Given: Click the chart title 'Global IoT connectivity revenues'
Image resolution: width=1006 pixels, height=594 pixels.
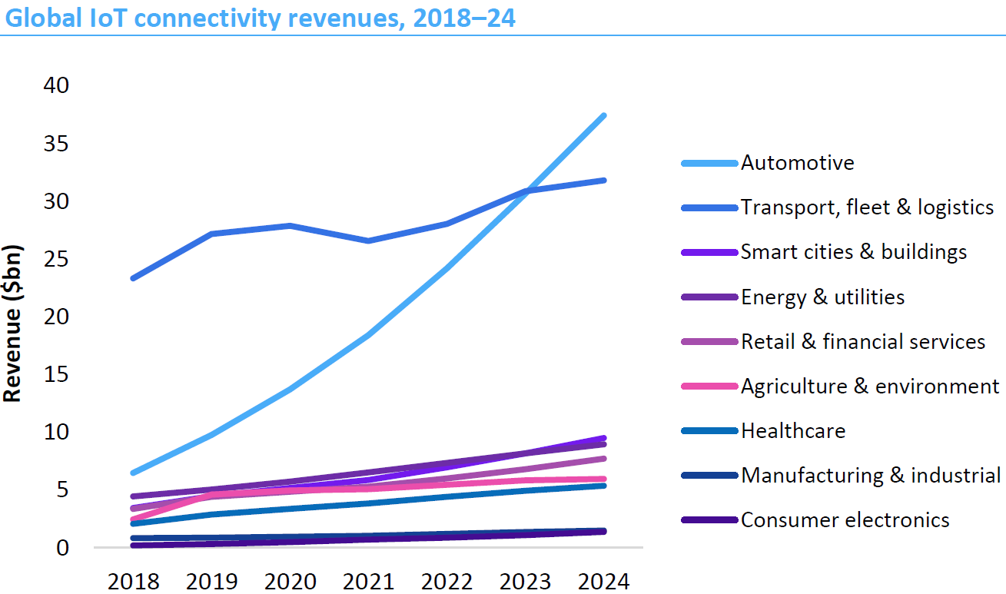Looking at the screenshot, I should (259, 18).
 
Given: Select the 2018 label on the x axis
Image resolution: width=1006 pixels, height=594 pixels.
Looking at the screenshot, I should (134, 581).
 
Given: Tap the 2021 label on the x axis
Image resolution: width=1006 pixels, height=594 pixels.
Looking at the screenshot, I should (370, 581).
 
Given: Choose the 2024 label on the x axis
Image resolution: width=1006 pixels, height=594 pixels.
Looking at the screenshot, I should (604, 581).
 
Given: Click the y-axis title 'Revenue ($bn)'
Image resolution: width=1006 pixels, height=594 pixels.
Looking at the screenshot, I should (12, 324).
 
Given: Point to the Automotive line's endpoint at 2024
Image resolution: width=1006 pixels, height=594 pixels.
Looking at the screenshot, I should (604, 116).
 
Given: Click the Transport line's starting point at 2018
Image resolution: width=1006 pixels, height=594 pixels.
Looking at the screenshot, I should (134, 278).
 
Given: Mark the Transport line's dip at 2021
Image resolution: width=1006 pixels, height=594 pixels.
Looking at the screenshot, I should (370, 241).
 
